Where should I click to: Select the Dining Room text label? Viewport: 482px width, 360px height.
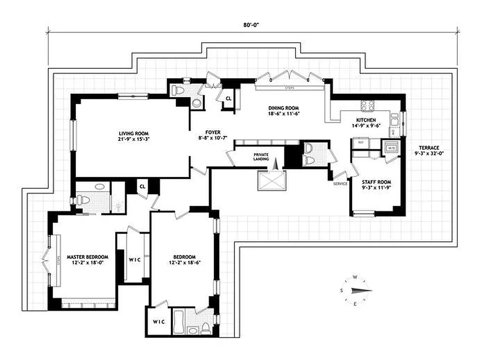283,111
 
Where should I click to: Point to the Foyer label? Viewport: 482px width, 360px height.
213,135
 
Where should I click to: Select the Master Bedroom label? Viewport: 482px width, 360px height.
86,260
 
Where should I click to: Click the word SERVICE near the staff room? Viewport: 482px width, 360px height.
341,184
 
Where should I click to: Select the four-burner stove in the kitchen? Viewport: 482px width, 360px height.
367,105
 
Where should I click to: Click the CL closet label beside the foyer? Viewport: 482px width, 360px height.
228,98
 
